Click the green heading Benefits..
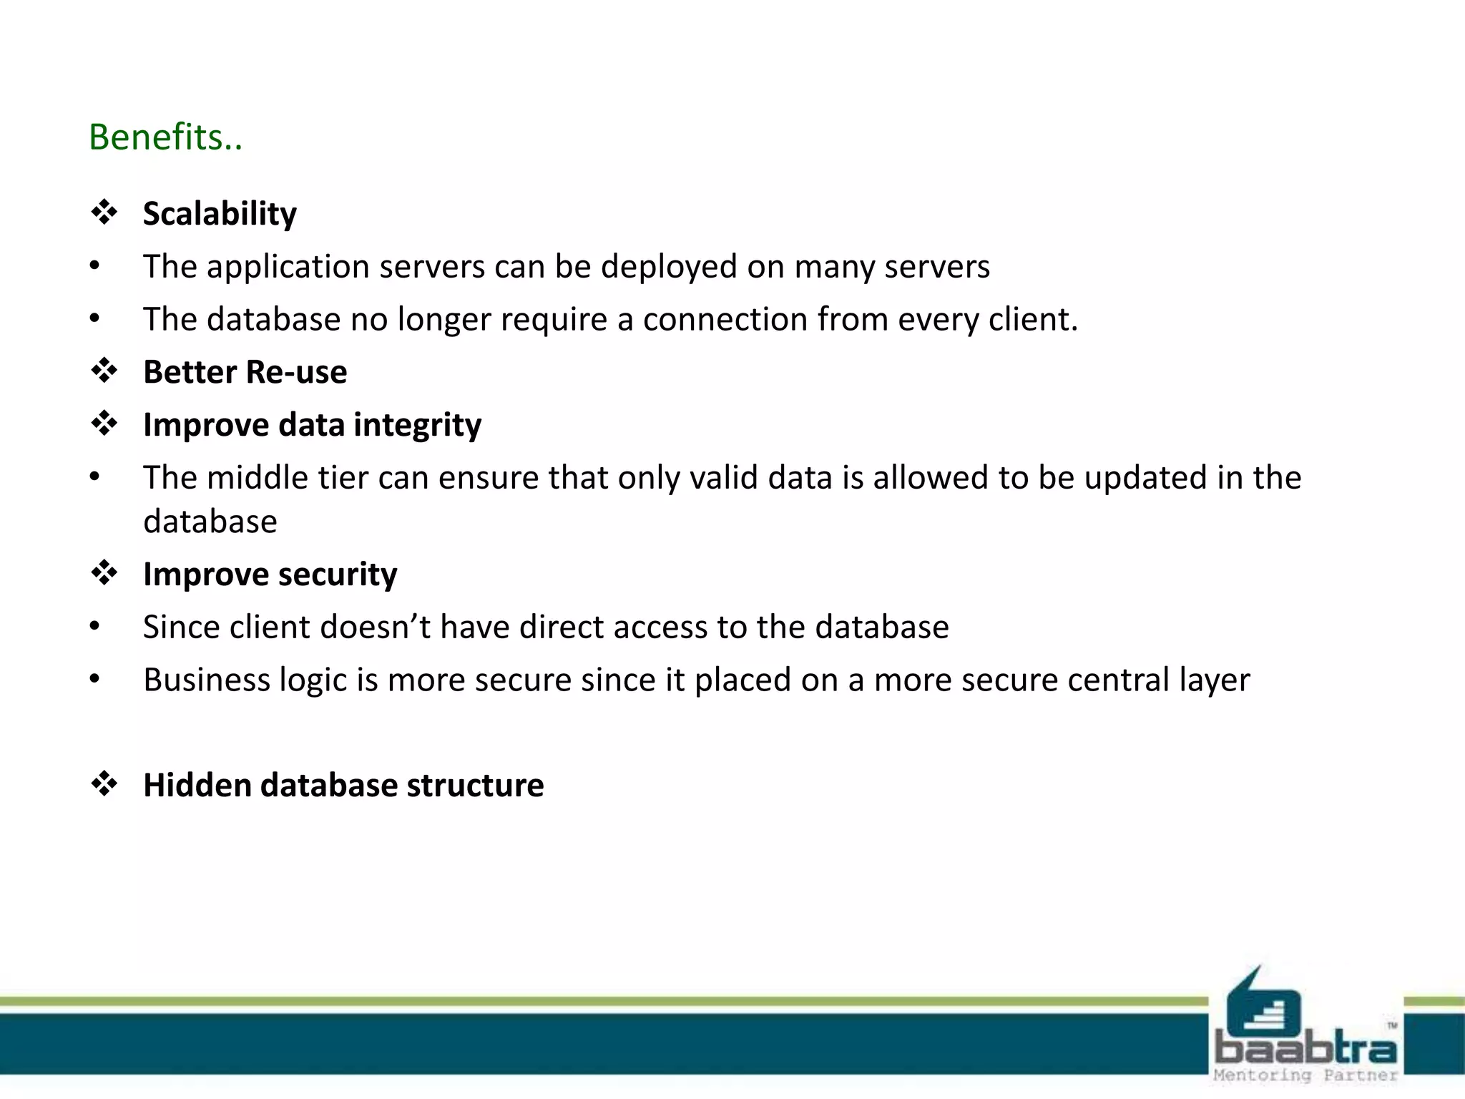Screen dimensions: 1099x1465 pos(165,137)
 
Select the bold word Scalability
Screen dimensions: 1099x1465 pos(220,213)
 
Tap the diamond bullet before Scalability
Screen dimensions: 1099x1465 pos(104,213)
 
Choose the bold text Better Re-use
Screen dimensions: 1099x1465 pos(245,372)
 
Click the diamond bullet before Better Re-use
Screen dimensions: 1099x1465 pos(104,371)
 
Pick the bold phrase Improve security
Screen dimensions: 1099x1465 pos(270,574)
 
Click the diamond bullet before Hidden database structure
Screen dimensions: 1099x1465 pos(104,784)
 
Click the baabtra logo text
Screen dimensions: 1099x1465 pos(1305,1049)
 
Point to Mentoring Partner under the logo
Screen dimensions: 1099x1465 pos(1305,1075)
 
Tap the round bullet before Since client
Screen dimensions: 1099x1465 pos(94,627)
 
